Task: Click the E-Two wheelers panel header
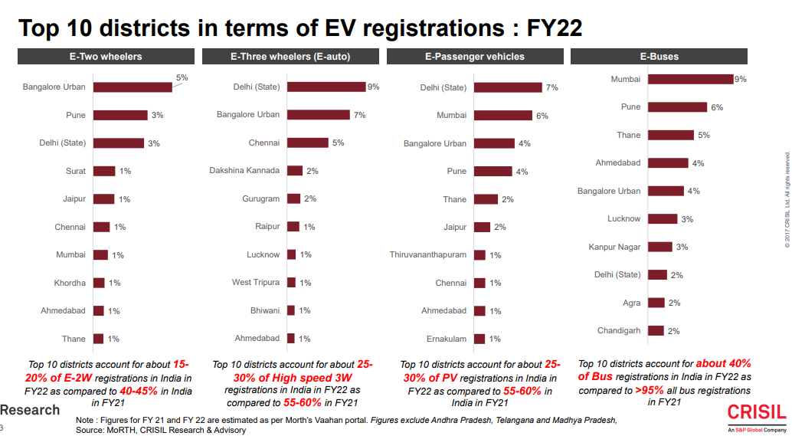106,57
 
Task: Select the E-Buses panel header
659,57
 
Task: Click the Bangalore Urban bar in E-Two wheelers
133,87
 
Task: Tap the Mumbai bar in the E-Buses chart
690,79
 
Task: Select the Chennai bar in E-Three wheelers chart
308,143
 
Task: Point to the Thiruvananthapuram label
428,255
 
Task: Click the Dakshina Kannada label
244,170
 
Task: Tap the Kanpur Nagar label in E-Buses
614,247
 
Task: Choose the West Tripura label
256,283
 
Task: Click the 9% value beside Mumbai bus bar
740,79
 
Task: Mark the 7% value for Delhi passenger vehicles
551,87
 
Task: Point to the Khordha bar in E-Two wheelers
99,283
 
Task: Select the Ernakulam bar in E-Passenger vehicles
479,339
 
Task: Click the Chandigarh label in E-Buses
619,331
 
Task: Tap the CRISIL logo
756,413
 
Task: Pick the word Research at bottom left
30,410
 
